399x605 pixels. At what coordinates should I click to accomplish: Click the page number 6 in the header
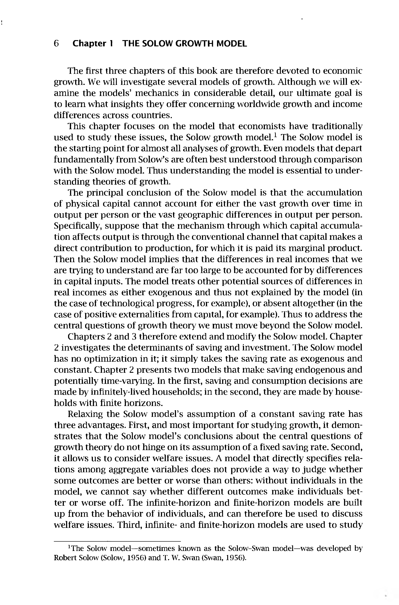tap(57, 44)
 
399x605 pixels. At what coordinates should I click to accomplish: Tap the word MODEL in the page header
tap(231, 44)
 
